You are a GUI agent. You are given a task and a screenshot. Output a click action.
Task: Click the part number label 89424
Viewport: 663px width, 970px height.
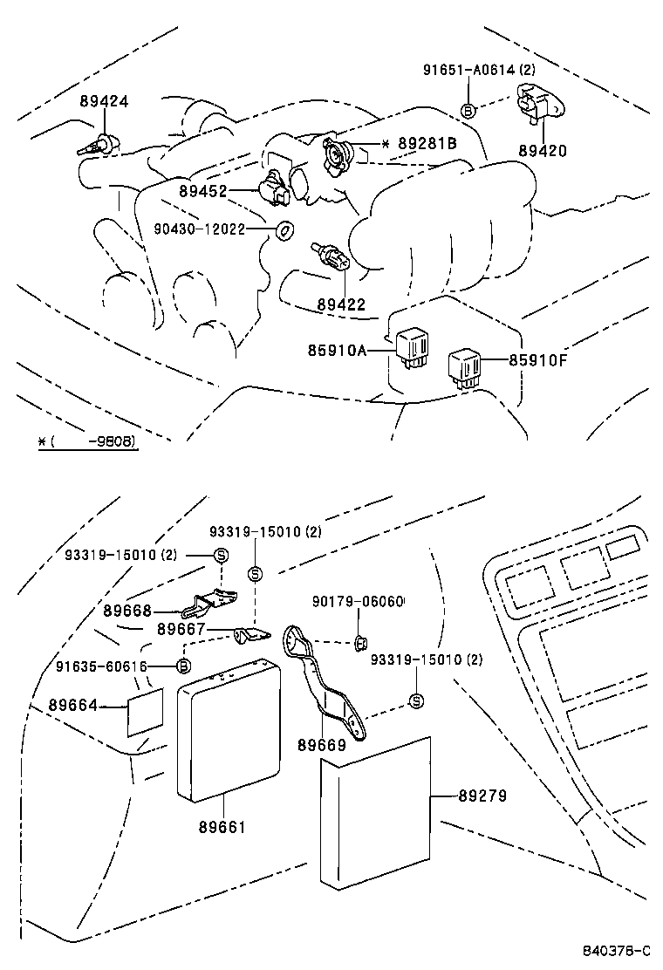[x=103, y=101]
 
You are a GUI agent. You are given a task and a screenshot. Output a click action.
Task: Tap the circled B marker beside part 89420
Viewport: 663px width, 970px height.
[x=468, y=110]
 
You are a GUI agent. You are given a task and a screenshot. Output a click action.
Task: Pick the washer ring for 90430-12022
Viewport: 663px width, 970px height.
[x=284, y=230]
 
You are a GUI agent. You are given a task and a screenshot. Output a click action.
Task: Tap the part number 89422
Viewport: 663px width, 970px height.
[x=342, y=304]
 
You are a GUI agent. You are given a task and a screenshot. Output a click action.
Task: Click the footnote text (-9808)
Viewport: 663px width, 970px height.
[x=92, y=441]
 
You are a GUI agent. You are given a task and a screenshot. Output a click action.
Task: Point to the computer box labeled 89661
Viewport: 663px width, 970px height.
[x=229, y=731]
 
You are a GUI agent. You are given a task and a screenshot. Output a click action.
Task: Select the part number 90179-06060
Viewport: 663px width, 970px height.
[x=359, y=603]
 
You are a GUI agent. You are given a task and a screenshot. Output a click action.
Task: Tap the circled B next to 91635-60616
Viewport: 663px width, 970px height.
[x=184, y=666]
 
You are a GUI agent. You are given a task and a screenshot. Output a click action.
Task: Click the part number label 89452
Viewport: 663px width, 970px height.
[x=203, y=191]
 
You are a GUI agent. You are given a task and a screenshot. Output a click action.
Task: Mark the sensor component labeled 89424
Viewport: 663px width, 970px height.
[x=95, y=146]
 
